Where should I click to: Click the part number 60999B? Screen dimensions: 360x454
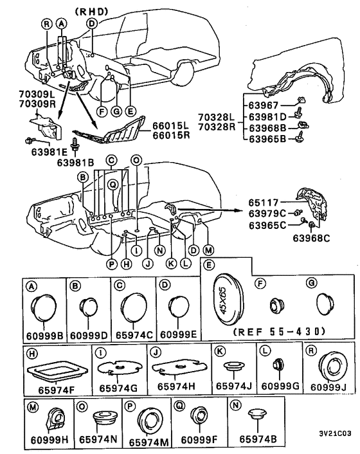[x=44, y=335]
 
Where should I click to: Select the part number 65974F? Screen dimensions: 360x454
[x=56, y=390]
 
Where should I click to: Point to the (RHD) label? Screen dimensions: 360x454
[x=91, y=12]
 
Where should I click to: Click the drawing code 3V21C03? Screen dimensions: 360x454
[x=335, y=433]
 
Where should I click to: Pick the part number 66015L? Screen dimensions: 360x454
[x=171, y=126]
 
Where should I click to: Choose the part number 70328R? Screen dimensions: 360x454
[x=217, y=127]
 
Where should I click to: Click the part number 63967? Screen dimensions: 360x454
[x=264, y=105]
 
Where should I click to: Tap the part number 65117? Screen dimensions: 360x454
[x=264, y=203]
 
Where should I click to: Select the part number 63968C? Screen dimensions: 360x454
[x=311, y=238]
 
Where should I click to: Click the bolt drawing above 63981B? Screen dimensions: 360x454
[x=75, y=144]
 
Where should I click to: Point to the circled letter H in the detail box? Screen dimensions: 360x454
[x=32, y=354]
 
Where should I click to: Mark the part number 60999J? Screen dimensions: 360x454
[x=328, y=387]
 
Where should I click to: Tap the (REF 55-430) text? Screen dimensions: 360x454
[x=279, y=331]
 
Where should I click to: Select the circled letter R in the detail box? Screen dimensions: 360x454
[x=311, y=350]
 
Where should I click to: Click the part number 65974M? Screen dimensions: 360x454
[x=148, y=442]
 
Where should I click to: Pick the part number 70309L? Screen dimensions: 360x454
[x=37, y=94]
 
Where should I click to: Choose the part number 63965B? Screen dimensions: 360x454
[x=267, y=139]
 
